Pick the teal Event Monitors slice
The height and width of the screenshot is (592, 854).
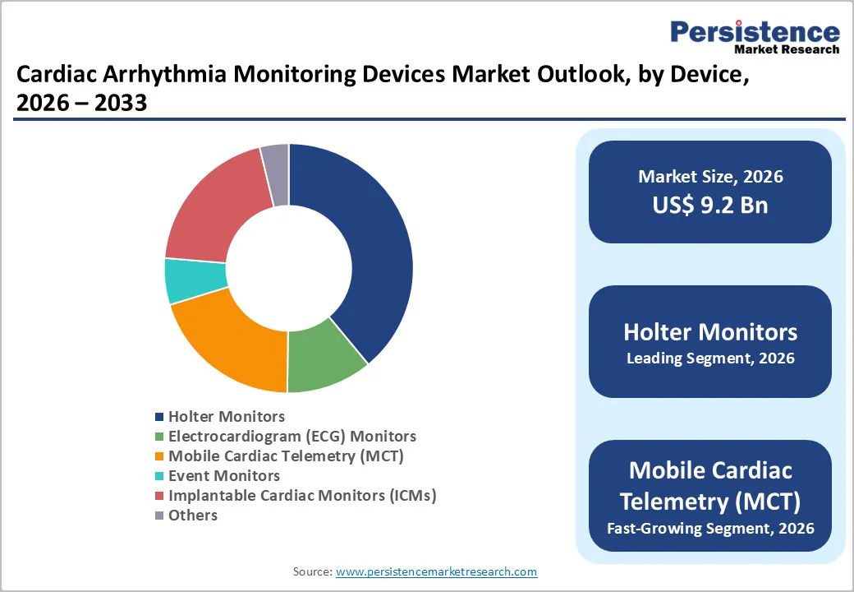click(195, 280)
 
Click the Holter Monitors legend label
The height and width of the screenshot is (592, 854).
click(227, 417)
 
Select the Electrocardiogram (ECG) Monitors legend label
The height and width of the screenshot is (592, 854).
click(292, 437)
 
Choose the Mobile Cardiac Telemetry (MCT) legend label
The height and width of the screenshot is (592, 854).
click(286, 456)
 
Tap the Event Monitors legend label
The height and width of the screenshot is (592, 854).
click(223, 476)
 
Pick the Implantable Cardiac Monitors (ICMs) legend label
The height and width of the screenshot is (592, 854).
click(301, 496)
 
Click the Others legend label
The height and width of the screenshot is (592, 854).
click(193, 516)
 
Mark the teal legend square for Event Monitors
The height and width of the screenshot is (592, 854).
click(159, 477)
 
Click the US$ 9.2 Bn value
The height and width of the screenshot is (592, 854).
click(709, 205)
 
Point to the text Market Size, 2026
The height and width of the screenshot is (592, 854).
click(709, 177)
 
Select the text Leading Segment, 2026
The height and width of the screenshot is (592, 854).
click(709, 358)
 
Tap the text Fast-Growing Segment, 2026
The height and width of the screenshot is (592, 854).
click(709, 528)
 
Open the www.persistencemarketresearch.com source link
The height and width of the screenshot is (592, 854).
click(436, 571)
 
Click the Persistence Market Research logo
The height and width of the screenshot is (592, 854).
click(755, 36)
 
